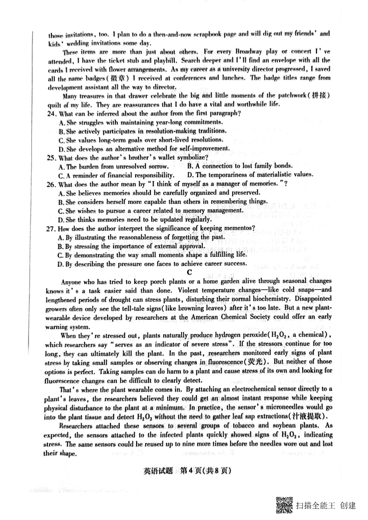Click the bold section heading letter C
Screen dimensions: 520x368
pos(189,272)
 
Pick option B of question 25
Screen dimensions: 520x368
pos(191,166)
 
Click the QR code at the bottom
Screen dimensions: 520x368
pos(284,506)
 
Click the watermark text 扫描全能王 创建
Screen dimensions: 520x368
pos(326,506)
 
